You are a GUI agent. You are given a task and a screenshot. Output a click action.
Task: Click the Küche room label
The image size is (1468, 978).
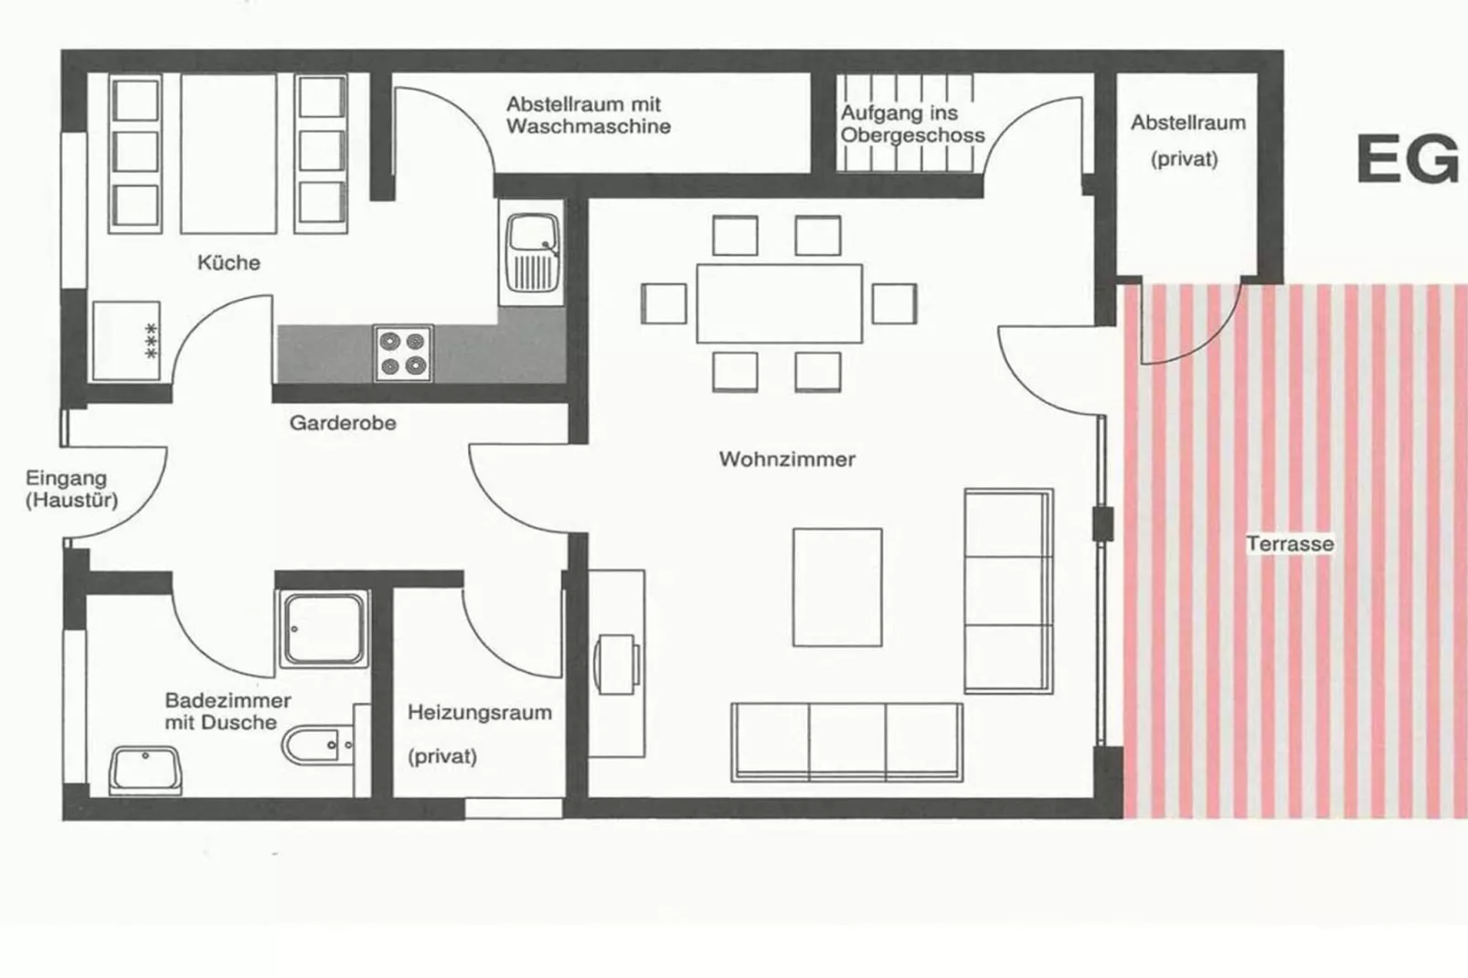tap(229, 263)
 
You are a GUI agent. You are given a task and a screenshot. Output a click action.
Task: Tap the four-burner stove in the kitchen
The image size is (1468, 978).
tap(403, 354)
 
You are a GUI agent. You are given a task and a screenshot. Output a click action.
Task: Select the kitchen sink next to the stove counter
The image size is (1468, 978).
tap(532, 250)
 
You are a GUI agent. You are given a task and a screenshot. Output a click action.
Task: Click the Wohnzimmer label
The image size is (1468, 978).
tap(787, 459)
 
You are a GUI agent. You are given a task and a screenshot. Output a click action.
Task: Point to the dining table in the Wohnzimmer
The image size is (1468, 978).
tap(779, 303)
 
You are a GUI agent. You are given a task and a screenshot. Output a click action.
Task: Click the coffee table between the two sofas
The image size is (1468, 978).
tap(837, 587)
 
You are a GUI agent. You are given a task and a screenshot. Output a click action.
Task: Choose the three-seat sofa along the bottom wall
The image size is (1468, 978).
tap(846, 741)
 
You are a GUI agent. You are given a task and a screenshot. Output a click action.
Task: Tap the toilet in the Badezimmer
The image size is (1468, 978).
tap(315, 746)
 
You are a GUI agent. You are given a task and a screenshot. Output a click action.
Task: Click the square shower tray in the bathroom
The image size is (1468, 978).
tap(323, 629)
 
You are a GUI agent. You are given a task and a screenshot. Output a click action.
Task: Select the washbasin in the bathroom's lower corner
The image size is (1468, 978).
tap(146, 769)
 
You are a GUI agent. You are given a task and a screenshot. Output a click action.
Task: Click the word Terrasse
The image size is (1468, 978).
tap(1290, 544)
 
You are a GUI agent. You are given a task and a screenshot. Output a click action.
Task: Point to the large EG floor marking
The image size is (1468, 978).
tap(1407, 160)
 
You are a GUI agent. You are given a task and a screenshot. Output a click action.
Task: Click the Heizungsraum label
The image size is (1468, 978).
tap(479, 713)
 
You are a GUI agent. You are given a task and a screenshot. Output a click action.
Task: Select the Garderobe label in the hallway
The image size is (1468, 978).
tap(343, 423)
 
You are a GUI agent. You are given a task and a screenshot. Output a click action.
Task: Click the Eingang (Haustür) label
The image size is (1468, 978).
tap(70, 489)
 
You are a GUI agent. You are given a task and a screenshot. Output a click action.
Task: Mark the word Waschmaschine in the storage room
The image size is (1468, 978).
tap(588, 127)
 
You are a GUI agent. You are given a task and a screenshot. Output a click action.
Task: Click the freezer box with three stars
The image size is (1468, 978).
tap(126, 341)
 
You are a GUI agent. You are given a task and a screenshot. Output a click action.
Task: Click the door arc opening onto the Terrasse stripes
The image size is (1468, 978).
tap(1193, 329)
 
